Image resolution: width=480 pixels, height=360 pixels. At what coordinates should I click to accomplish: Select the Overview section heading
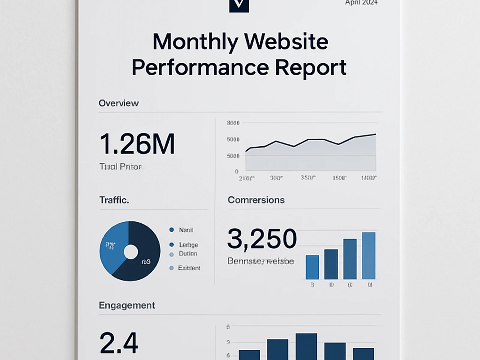point(118,103)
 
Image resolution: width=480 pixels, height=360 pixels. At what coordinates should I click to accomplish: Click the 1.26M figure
point(137,144)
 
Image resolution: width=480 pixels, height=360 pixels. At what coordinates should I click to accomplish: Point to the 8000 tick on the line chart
point(233,123)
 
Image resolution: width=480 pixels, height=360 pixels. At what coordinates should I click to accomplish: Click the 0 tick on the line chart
point(236,172)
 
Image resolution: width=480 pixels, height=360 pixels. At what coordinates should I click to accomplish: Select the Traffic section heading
point(114,200)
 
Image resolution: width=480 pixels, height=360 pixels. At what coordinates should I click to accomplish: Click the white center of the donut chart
point(131,252)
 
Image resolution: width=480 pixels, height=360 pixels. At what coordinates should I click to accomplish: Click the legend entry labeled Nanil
point(186,230)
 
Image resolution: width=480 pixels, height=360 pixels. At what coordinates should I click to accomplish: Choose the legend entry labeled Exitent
point(189,268)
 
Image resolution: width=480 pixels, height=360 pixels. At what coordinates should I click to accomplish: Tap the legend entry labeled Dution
point(188,254)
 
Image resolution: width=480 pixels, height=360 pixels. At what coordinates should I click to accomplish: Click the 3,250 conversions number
point(262,239)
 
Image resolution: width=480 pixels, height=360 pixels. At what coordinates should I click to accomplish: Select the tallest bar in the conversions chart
point(369,256)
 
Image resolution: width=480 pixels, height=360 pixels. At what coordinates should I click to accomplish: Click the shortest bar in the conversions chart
point(312,267)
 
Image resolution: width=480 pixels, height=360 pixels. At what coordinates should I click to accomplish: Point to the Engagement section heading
point(127,305)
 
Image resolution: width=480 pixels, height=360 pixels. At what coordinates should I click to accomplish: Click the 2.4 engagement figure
point(119,343)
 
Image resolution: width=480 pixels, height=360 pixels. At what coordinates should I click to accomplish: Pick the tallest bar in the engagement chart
point(306,346)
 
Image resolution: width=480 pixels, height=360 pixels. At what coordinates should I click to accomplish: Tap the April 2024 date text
point(361,3)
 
